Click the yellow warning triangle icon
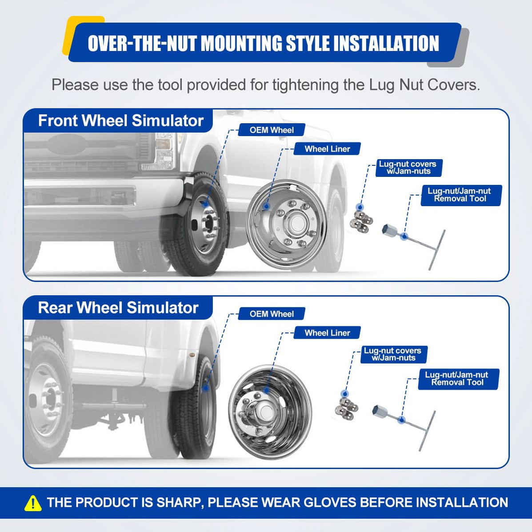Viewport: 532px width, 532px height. click(33, 503)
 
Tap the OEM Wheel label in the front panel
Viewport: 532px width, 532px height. click(271, 130)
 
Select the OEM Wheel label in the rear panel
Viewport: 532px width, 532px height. click(271, 314)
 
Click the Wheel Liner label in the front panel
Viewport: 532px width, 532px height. click(327, 149)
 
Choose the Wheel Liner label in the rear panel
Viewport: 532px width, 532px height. click(327, 333)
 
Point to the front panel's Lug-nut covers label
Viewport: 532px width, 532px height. click(408, 168)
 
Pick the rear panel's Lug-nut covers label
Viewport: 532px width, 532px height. click(393, 354)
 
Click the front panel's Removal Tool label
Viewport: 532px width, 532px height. click(460, 195)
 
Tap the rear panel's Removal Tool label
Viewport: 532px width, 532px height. click(457, 379)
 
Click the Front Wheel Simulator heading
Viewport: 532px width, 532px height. click(120, 121)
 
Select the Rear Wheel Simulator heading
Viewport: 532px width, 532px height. click(118, 308)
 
